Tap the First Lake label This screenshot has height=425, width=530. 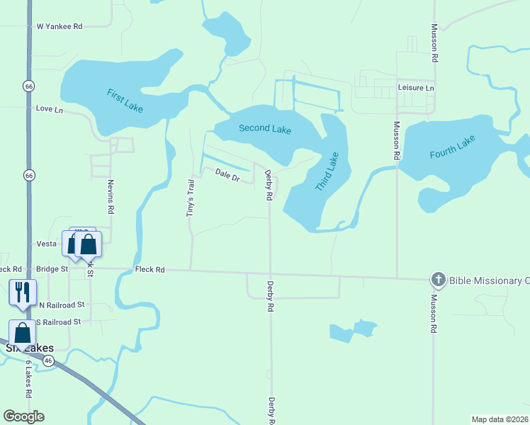click(125, 98)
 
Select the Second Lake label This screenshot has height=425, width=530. click(265, 128)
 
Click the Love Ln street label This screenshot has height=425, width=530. click(49, 109)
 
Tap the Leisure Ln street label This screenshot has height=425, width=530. click(416, 88)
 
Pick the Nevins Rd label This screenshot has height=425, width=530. click(111, 196)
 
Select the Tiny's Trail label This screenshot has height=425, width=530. click(190, 198)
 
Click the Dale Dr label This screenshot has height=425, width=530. click(227, 174)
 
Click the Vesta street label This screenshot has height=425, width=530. click(46, 244)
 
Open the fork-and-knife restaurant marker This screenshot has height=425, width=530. click(22, 291)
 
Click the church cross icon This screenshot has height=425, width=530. click(438, 280)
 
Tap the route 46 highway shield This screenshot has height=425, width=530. click(47, 361)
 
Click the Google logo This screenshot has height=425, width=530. click(24, 416)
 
